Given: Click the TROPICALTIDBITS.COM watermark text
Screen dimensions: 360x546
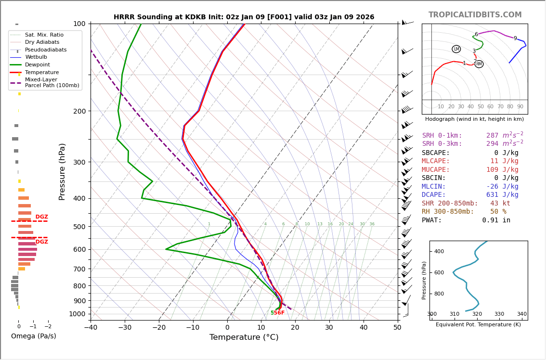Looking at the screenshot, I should pos(475,15).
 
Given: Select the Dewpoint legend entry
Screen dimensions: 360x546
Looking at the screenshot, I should pos(37,64).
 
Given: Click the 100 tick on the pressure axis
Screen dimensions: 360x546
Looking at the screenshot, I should pos(79,24).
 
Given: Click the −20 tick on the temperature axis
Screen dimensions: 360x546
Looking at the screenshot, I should pos(159,328).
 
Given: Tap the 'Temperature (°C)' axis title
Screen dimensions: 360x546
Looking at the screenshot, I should pos(244,337).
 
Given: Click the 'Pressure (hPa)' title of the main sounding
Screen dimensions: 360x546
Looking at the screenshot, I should pos(62,171).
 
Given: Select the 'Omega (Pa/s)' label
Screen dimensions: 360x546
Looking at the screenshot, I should pos(33,336).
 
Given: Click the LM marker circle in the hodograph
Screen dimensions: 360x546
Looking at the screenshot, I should pos(456,49).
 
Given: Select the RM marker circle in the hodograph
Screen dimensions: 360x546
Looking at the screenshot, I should pos(479,64).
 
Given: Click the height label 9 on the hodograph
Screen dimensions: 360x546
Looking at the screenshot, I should pos(515,39).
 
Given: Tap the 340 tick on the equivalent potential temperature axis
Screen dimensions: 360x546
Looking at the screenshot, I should pos(521,314).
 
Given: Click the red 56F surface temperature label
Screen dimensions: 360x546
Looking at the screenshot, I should pos(279,313).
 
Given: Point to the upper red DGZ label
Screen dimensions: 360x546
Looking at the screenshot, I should pos(42,217).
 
